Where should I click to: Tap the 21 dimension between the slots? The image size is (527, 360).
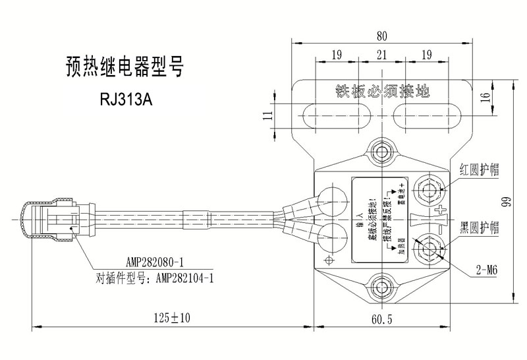[x=381, y=55]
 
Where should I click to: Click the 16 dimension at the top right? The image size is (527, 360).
[x=485, y=96]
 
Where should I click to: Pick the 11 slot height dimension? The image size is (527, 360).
[x=267, y=115]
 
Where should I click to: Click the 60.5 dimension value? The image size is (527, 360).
[x=381, y=320]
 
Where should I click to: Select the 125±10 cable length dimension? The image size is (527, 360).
[x=171, y=318]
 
